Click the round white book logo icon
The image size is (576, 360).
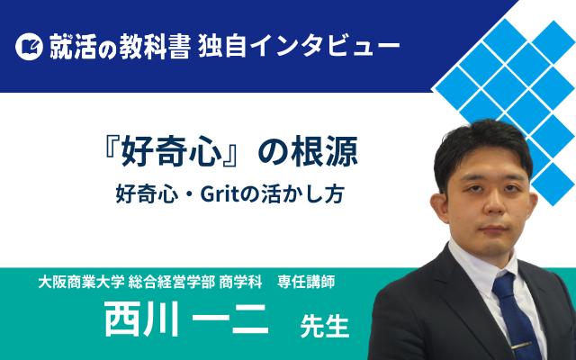29,46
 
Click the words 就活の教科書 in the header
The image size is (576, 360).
120,46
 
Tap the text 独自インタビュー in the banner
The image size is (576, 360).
299,46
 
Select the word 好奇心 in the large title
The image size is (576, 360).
172,152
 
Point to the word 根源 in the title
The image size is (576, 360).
324,152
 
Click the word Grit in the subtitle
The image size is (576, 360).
220,194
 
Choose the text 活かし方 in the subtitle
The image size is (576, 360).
302,194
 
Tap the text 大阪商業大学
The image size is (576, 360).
81,282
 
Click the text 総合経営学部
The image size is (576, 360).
172,282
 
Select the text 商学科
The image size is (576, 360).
240,282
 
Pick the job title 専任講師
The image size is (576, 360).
306,282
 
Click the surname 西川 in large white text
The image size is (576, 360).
141,319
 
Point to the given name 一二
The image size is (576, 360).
230,319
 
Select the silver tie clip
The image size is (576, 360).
521,346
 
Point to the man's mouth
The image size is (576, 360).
493,229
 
